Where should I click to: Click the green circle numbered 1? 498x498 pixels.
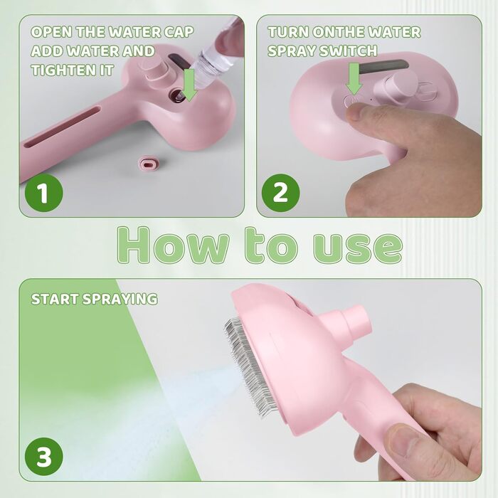44,193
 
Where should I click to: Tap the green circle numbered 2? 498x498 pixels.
280,193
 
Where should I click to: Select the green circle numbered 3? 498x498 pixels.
44,457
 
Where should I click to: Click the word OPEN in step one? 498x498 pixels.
51,32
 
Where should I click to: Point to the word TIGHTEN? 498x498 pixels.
63,70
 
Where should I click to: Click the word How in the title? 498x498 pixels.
172,245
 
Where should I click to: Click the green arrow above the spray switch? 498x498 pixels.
354,78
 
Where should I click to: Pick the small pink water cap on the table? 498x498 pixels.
148,163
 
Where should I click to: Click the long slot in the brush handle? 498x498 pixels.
61,127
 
